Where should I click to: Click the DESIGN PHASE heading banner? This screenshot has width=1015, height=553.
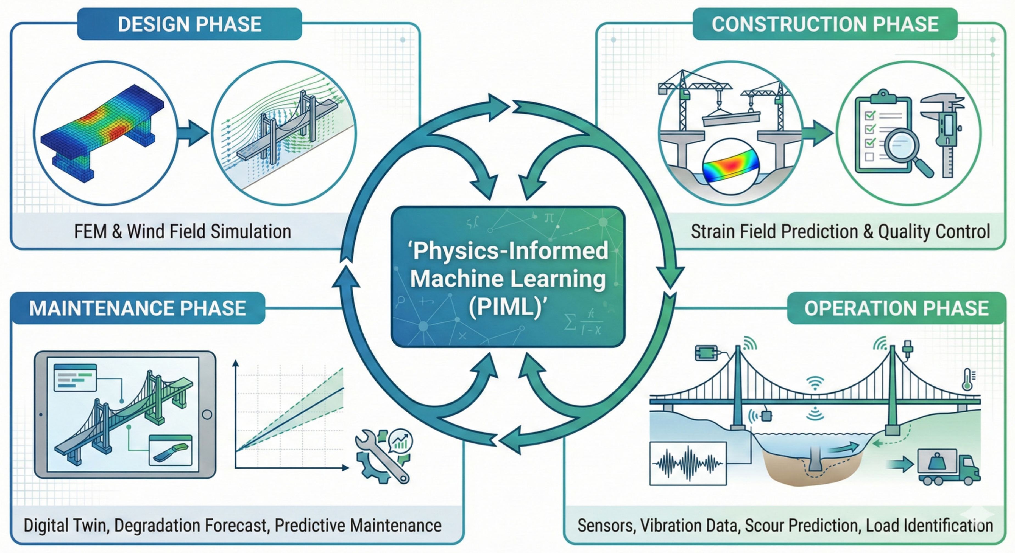pyautogui.click(x=189, y=24)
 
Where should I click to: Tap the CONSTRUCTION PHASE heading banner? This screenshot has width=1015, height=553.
pyautogui.click(x=825, y=24)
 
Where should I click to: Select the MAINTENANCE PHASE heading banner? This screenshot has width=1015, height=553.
pyautogui.click(x=138, y=308)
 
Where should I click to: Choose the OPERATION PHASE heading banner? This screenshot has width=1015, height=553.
pyautogui.click(x=896, y=308)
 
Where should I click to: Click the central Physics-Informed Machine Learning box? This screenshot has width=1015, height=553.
pyautogui.click(x=508, y=277)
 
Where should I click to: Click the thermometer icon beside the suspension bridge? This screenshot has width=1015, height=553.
pyautogui.click(x=967, y=379)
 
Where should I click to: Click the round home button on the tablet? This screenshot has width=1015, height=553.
pyautogui.click(x=207, y=414)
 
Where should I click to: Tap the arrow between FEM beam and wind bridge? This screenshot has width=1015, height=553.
pyautogui.click(x=193, y=133)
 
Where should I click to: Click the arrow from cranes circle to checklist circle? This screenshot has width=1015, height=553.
pyautogui.click(x=818, y=133)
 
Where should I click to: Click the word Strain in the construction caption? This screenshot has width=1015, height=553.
pyautogui.click(x=713, y=231)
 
